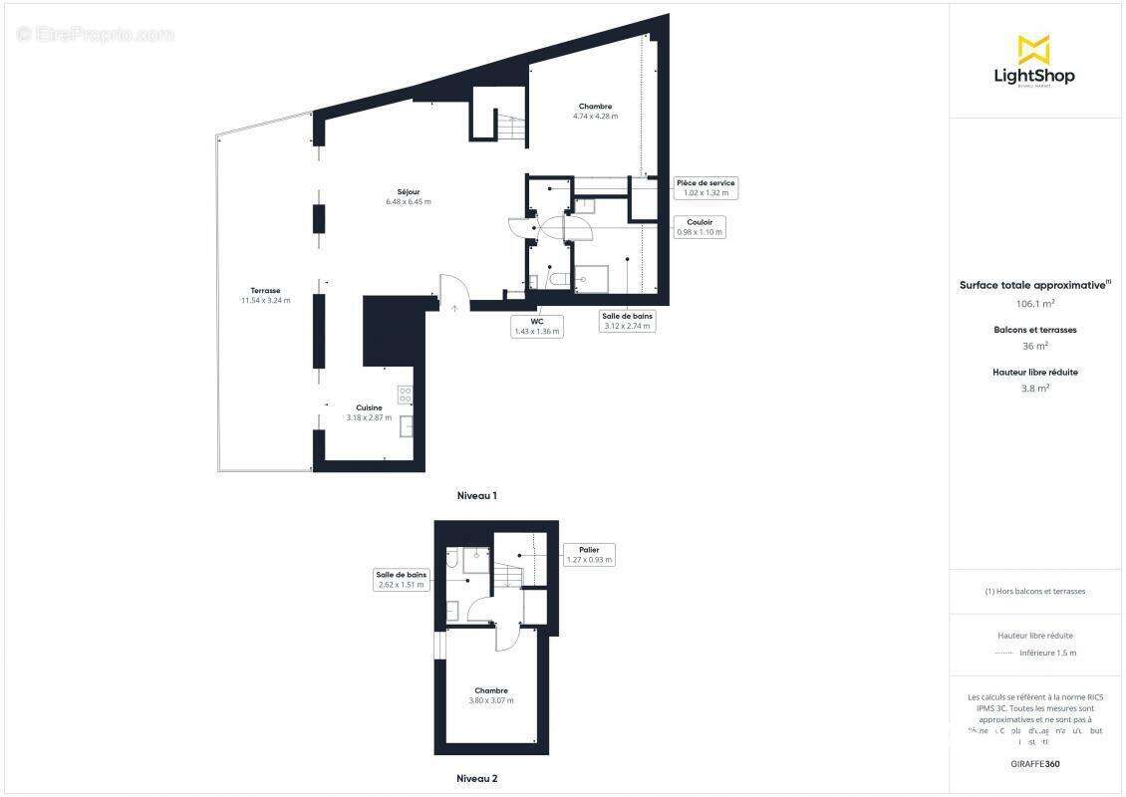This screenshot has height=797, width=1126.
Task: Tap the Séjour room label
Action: pos(408,192)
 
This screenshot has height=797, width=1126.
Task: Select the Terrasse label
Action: pos(265,290)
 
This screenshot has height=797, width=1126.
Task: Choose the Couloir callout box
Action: pos(699,227)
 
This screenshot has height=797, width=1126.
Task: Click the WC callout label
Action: pos(536,327)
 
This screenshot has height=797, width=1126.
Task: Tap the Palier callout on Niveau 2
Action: pos(588,555)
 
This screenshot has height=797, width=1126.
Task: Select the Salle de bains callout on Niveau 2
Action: pos(402,579)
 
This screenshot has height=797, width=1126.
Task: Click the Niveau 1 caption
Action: pos(476,495)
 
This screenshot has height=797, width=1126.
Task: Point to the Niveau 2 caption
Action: pos(476,778)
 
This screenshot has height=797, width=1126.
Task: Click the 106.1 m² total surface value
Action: pos(1035,304)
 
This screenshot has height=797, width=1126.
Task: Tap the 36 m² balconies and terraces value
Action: pos(1035,346)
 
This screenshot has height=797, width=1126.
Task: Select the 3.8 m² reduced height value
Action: pos(1035,389)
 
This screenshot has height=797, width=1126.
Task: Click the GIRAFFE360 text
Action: pos(1035,764)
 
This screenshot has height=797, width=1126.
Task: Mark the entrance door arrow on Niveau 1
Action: pos(454,308)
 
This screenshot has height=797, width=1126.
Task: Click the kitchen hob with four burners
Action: pos(405,394)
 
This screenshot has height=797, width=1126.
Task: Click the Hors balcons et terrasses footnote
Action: pos(1035,591)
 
